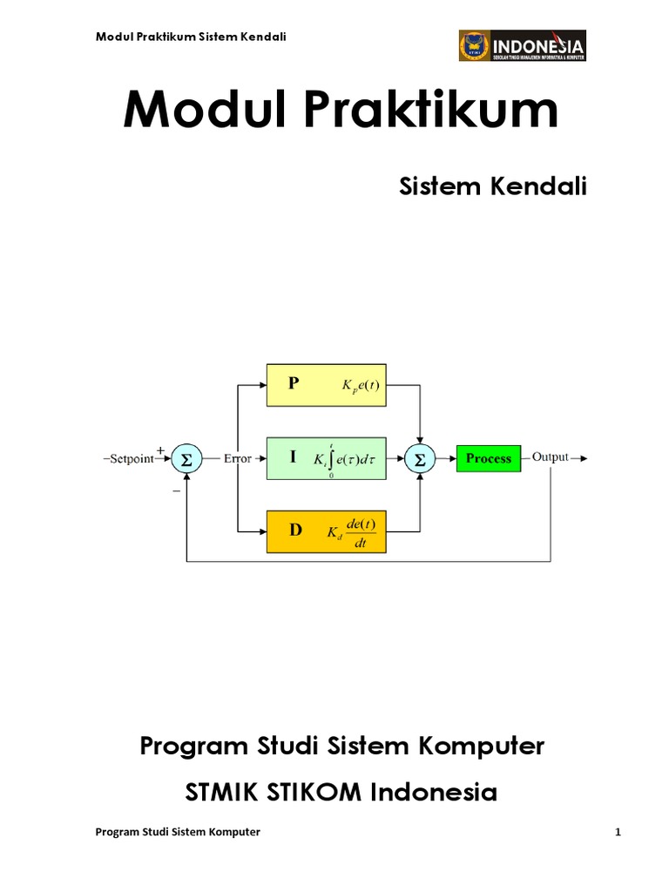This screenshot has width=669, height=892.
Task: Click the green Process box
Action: [488, 458]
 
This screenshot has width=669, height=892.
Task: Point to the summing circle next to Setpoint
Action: [185, 458]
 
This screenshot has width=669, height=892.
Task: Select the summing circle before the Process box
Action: [421, 458]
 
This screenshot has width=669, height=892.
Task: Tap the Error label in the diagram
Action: [237, 458]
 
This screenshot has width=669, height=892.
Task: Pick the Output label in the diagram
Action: [551, 457]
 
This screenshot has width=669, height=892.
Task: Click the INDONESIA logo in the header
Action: [522, 46]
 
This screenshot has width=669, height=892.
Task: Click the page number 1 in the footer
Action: [617, 832]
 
